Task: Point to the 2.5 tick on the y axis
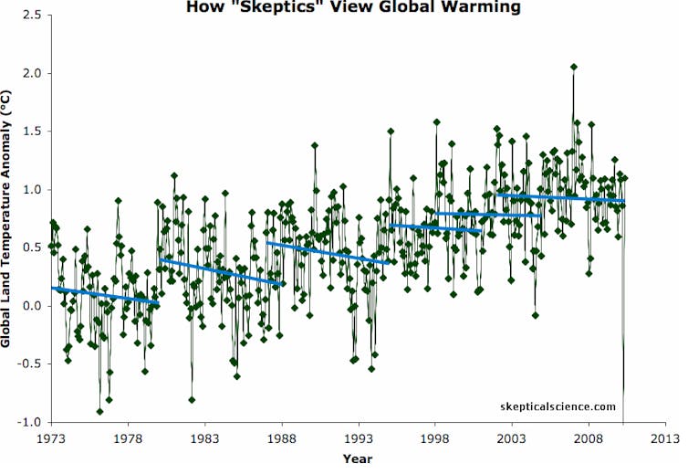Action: pos(33,15)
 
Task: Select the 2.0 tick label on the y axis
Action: pos(33,73)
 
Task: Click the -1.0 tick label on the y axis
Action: pos(31,422)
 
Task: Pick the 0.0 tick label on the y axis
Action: pos(33,306)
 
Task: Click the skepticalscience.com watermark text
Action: pos(558,407)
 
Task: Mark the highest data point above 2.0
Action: pos(573,67)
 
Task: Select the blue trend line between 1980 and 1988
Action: pos(219,271)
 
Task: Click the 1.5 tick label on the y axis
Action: pos(33,132)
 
